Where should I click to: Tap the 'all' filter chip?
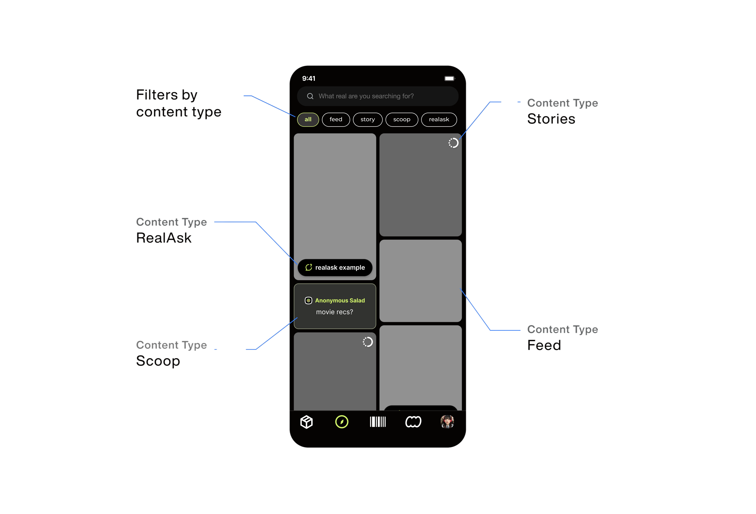click(308, 119)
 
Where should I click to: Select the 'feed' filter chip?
click(336, 119)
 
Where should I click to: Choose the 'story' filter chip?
click(368, 119)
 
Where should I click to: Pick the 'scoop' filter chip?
click(402, 119)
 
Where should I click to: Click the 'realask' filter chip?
click(439, 119)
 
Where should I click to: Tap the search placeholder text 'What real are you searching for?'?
click(366, 96)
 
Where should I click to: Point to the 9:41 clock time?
click(309, 78)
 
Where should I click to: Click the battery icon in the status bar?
click(450, 78)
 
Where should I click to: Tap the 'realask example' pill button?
click(335, 268)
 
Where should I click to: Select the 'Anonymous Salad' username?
click(340, 300)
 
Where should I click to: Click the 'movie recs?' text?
click(334, 312)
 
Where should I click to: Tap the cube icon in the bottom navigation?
click(306, 422)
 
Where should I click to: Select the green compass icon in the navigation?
click(342, 422)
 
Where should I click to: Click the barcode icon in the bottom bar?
click(378, 422)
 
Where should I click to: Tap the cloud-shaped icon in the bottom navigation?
click(413, 422)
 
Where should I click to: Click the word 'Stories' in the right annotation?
click(551, 119)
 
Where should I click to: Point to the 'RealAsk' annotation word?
click(164, 238)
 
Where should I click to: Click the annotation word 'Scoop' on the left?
click(158, 361)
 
